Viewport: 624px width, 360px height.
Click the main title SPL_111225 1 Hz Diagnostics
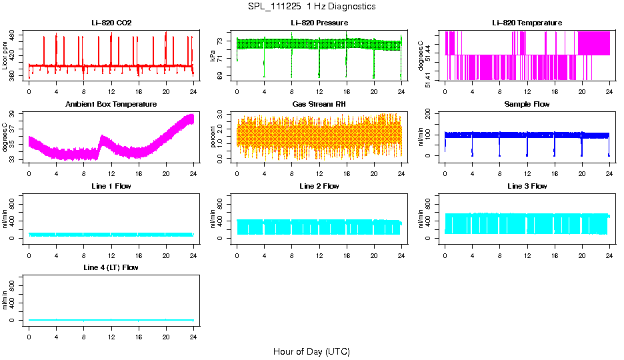pyautogui.click(x=311, y=7)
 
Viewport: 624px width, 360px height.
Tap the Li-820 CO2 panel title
pyautogui.click(x=111, y=23)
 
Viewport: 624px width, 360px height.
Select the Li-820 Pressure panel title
pyautogui.click(x=319, y=23)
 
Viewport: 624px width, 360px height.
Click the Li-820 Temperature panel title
pyautogui.click(x=527, y=23)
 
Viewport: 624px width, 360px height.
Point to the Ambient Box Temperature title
pyautogui.click(x=111, y=105)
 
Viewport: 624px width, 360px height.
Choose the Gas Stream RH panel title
pyautogui.click(x=319, y=105)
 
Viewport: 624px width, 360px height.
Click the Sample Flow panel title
pyautogui.click(x=527, y=105)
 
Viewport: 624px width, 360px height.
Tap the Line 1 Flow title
pyautogui.click(x=111, y=186)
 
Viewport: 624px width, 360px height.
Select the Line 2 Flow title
pyautogui.click(x=319, y=186)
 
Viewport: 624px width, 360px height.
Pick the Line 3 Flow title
pyautogui.click(x=527, y=186)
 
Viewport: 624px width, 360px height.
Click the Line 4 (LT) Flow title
pyautogui.click(x=111, y=267)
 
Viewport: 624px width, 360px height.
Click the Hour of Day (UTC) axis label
pyautogui.click(x=311, y=351)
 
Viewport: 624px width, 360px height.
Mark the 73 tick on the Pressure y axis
pyautogui.click(x=223, y=41)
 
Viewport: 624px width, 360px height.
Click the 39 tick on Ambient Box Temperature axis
pyautogui.click(x=15, y=115)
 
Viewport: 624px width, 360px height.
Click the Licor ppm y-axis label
pyautogui.click(x=5, y=56)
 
